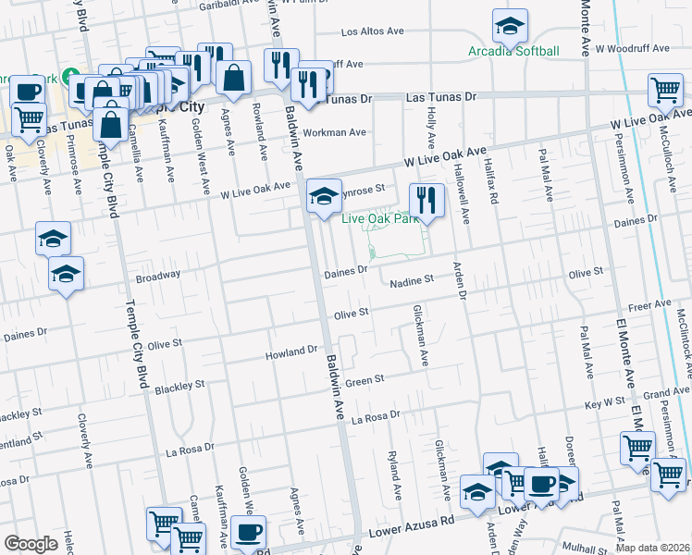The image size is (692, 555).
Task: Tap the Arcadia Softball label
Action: (x=514, y=51)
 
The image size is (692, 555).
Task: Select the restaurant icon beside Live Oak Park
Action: (x=426, y=200)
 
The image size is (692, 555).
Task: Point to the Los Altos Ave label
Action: (x=374, y=31)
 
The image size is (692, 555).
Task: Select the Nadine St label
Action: (x=411, y=280)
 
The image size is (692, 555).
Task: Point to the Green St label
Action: (x=365, y=381)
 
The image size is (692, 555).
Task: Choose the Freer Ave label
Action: (x=649, y=304)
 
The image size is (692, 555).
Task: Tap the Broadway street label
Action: (x=158, y=276)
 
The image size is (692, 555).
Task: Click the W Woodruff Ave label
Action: (x=632, y=47)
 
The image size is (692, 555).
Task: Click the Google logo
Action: (x=31, y=544)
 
